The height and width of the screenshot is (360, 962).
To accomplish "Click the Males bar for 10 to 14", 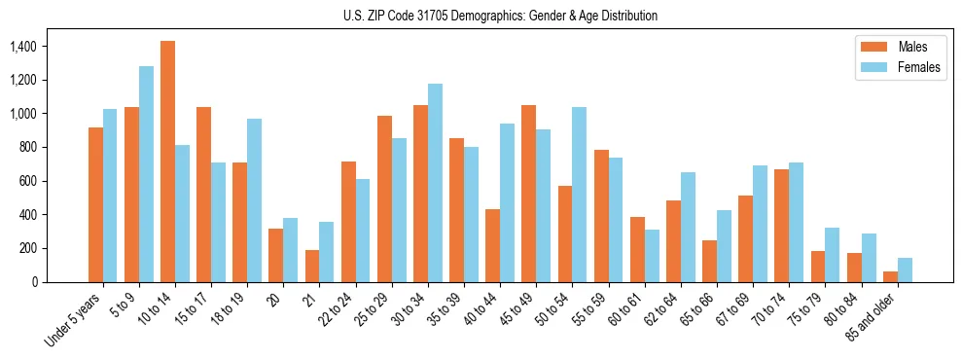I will [167, 162].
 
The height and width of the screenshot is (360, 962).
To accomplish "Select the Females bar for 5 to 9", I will [146, 174].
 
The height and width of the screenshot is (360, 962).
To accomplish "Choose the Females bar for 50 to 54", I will [579, 195].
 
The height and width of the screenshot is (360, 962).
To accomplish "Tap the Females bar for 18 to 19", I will [254, 200].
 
